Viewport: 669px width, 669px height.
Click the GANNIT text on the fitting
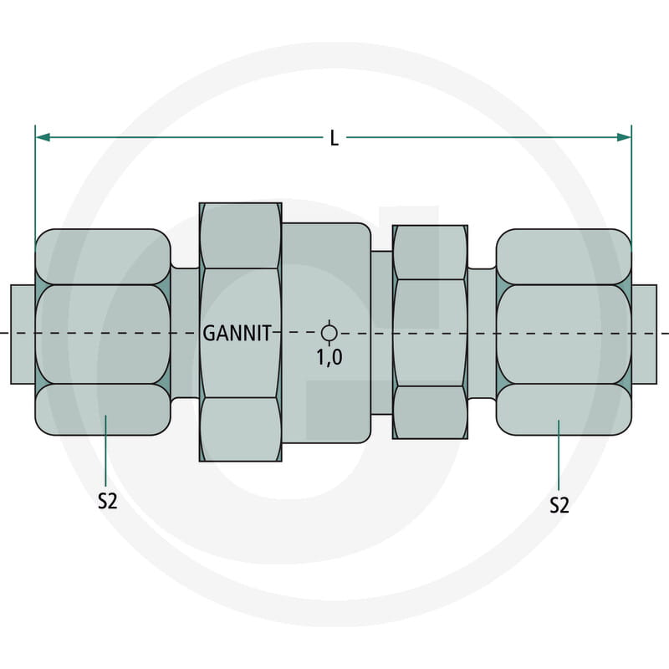(237, 333)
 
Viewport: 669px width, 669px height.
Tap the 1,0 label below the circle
(329, 357)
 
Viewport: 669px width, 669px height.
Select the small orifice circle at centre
(329, 333)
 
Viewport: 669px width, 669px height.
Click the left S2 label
(106, 501)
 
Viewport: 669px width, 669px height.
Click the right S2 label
(559, 504)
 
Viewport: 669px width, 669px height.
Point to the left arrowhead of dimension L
(42, 136)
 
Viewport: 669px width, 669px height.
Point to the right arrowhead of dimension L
(624, 136)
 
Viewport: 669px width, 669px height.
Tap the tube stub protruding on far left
(23, 333)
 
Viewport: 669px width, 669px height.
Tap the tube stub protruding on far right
(644, 333)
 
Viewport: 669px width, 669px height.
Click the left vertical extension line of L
(35, 184)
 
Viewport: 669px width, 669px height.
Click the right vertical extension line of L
(631, 184)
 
